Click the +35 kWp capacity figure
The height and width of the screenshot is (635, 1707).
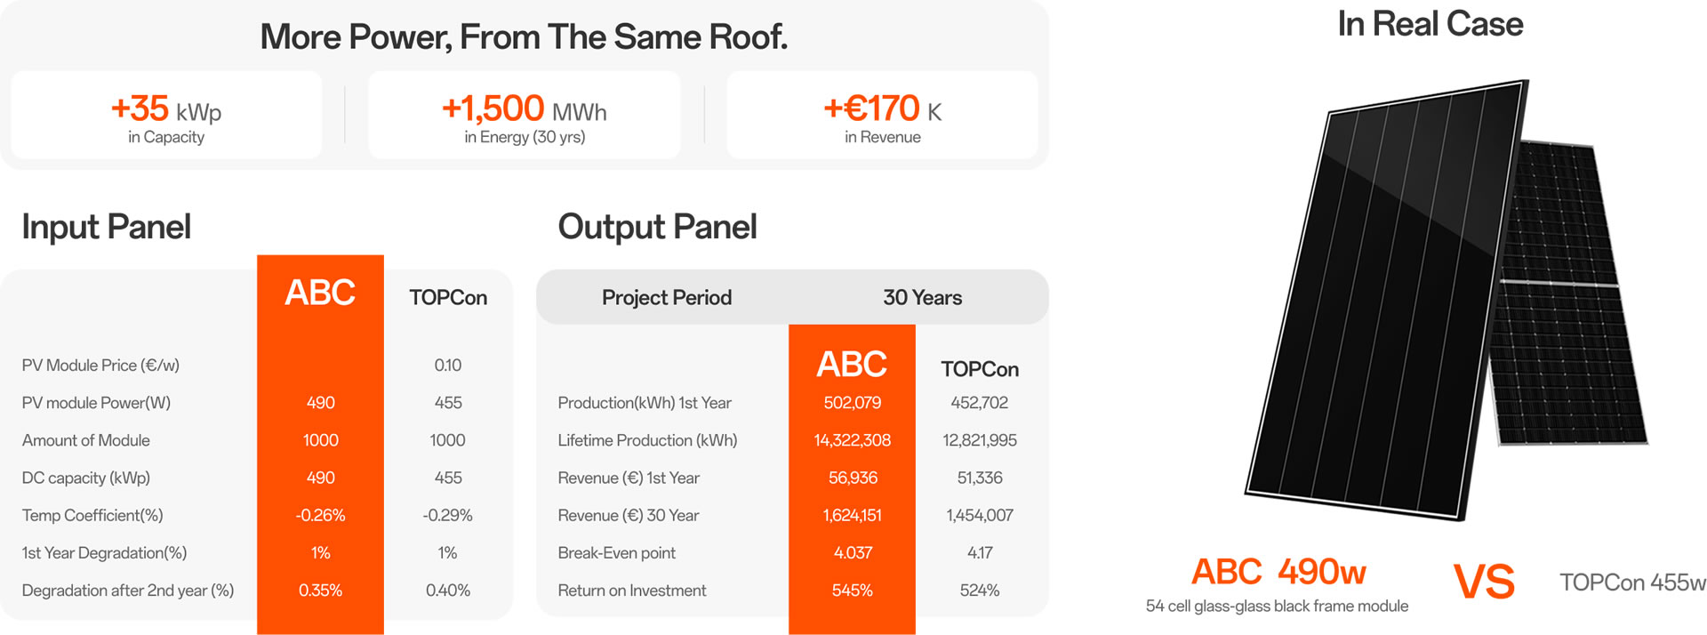(166, 109)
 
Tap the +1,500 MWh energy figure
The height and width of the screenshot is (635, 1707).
(525, 109)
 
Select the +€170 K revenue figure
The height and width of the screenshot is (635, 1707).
(882, 109)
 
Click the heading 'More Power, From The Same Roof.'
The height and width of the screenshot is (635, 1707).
(524, 37)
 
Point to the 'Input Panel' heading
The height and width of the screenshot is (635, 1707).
(106, 227)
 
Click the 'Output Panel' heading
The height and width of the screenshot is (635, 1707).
(657, 227)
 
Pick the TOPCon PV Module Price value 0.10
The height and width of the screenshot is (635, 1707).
(448, 366)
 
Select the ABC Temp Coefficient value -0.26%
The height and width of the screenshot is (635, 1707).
(320, 516)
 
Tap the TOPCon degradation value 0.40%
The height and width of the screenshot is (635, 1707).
(448, 591)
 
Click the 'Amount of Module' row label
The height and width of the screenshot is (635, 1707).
(86, 440)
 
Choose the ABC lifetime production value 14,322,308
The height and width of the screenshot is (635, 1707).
(852, 440)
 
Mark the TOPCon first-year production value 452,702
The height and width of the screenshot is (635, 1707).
(980, 403)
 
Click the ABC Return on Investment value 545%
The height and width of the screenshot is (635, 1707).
(852, 591)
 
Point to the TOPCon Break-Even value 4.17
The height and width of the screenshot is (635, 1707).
(980, 553)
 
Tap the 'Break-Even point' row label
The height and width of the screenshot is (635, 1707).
(617, 553)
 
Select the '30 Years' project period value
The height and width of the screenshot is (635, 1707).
(922, 298)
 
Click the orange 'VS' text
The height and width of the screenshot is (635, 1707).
(1484, 583)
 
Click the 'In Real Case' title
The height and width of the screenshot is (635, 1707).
(1430, 24)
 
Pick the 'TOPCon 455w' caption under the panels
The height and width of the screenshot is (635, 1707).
(1632, 583)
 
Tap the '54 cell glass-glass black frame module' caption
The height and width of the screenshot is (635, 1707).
(1277, 607)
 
